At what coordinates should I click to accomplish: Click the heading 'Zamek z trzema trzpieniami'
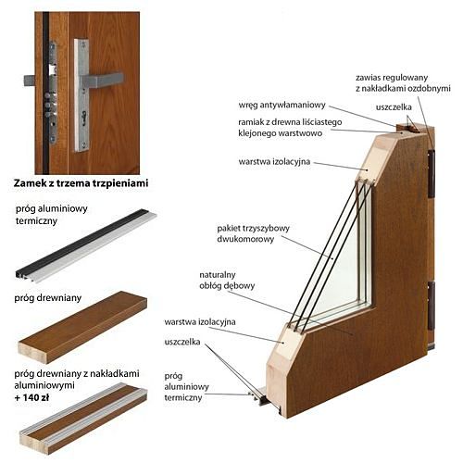tap(81, 183)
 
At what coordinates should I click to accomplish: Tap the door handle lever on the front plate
tap(103, 80)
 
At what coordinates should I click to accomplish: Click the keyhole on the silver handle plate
tap(83, 120)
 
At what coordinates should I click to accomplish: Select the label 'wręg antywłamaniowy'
tap(282, 106)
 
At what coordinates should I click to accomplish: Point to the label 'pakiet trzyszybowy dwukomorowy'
tap(253, 233)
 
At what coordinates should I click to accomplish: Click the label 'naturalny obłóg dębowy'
tap(227, 281)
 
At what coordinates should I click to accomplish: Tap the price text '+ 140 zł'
tap(31, 397)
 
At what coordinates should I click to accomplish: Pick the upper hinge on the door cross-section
tap(432, 173)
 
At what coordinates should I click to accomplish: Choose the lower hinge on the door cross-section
tap(432, 305)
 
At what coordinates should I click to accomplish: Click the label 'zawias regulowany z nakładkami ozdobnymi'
tap(403, 82)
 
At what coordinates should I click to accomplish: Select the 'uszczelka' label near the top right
tap(394, 107)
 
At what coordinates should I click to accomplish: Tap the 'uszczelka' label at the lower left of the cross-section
tap(182, 342)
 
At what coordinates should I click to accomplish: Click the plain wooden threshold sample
tap(82, 327)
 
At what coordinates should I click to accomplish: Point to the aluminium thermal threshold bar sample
tap(86, 245)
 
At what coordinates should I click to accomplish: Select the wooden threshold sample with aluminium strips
tap(83, 419)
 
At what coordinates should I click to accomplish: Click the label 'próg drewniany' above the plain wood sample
tap(48, 298)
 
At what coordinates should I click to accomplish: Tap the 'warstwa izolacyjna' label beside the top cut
tap(274, 162)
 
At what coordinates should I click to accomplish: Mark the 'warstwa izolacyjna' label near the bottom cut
tap(200, 322)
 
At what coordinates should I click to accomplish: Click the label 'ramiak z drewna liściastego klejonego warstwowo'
tap(290, 128)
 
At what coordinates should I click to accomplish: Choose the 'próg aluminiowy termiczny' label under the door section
tap(186, 387)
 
